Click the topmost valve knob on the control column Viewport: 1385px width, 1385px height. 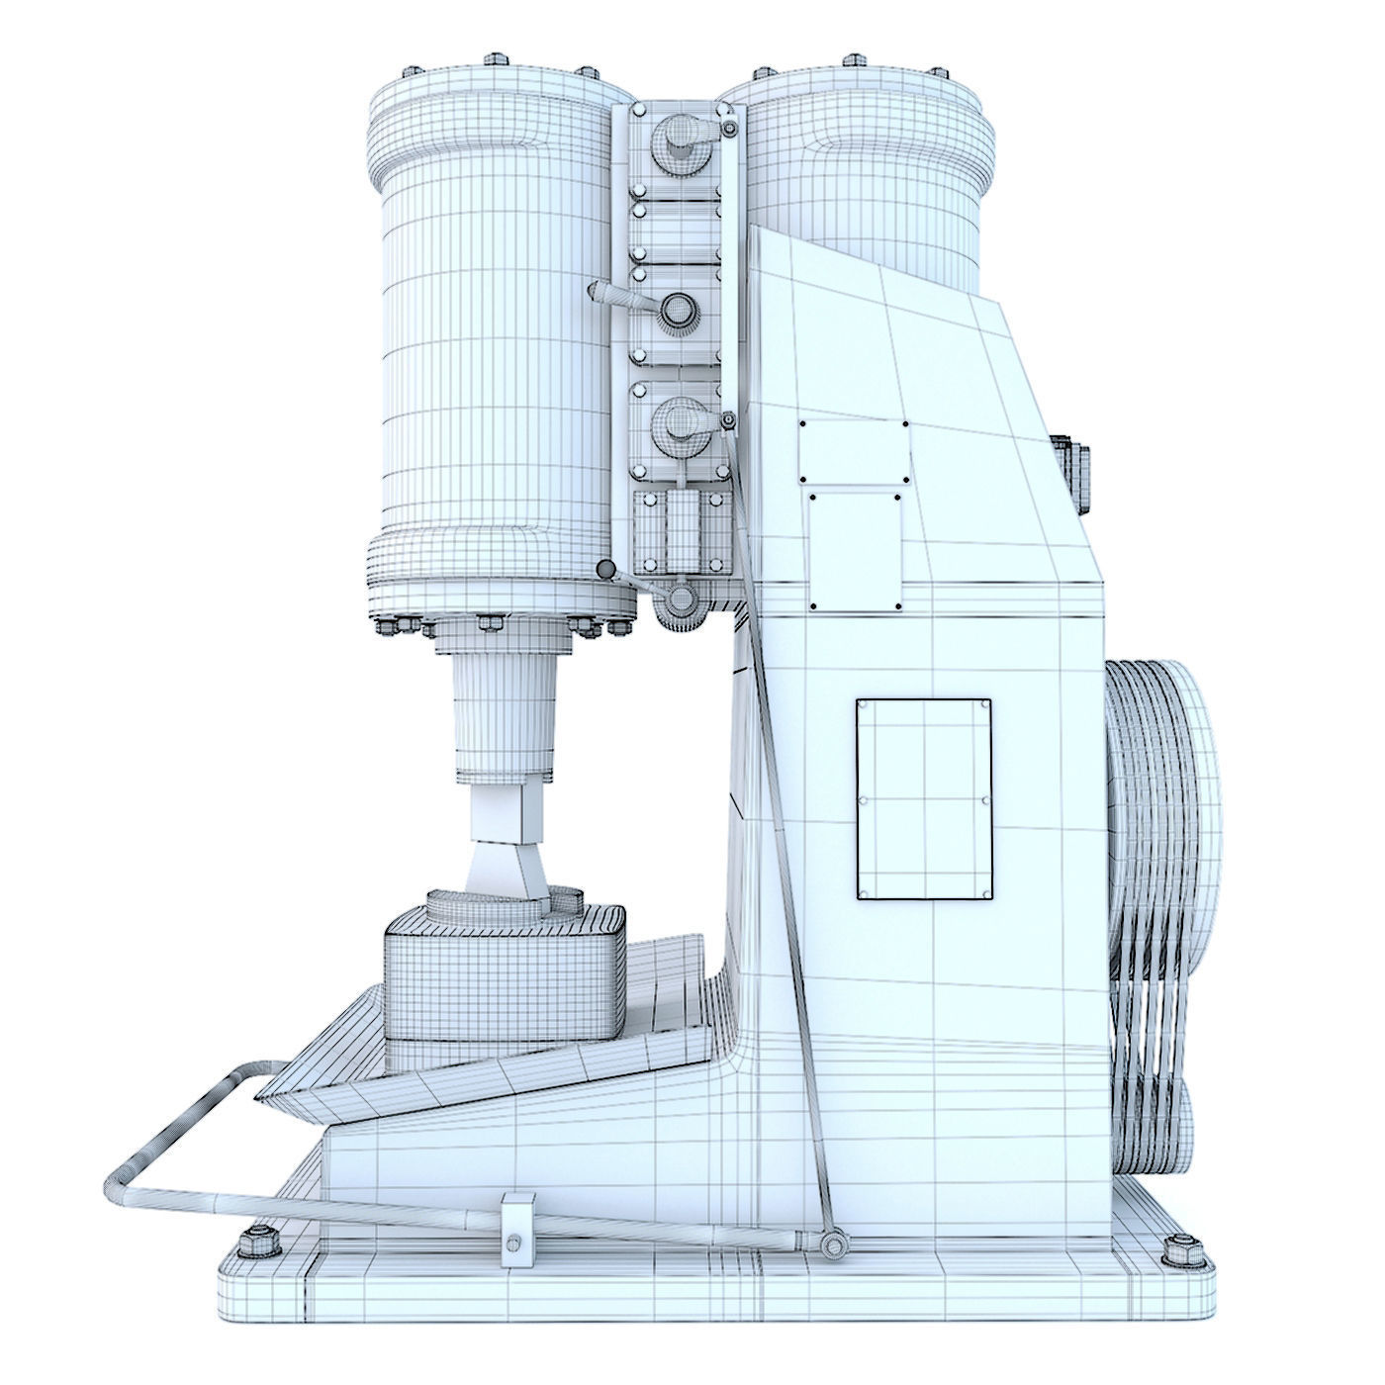679,136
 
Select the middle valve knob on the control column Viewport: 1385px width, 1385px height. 678,313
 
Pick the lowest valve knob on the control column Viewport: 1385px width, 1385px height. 679,418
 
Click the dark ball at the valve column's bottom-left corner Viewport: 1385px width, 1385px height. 604,569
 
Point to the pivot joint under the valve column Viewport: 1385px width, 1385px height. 679,599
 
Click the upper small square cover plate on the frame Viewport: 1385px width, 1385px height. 854,452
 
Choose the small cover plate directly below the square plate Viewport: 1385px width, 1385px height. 856,551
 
